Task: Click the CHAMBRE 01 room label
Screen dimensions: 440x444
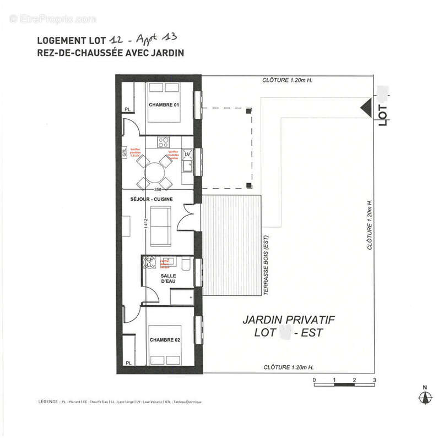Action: point(164,105)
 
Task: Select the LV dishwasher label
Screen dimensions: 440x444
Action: point(188,156)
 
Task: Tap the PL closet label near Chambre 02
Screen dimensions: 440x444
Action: point(128,363)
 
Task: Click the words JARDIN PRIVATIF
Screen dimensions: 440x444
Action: point(289,320)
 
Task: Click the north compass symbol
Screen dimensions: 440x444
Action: point(424,397)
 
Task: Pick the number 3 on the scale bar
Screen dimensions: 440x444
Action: point(374,380)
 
